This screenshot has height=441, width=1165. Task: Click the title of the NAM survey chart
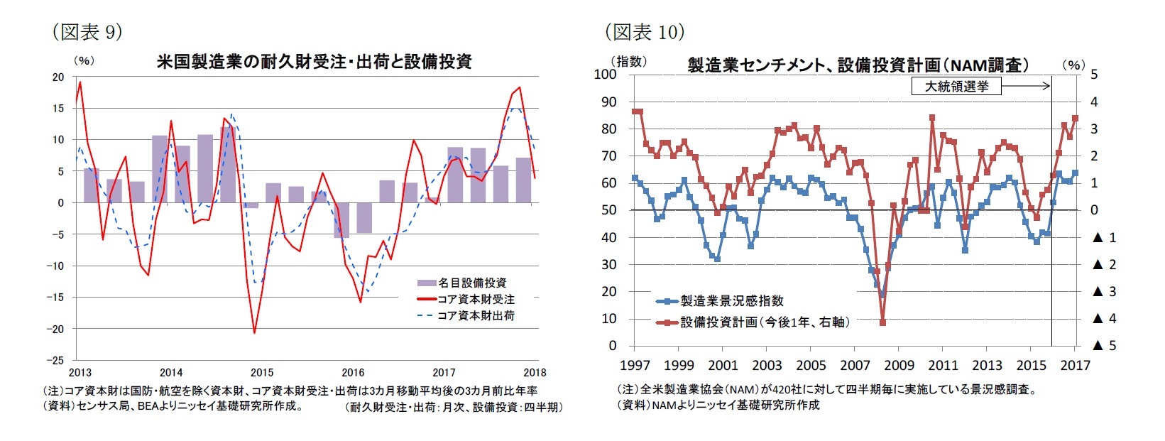coord(858,65)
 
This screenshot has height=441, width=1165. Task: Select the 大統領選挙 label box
coord(956,87)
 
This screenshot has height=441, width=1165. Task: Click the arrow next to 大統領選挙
coord(1025,86)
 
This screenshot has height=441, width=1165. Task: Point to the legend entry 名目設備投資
coord(462,283)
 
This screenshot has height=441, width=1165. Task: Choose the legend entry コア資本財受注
coord(466,300)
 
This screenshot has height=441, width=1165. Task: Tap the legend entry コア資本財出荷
coord(466,315)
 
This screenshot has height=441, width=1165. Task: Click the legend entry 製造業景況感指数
coord(721,301)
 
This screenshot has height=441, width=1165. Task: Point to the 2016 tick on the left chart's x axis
coord(353,372)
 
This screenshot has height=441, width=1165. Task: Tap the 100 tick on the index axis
coord(606,74)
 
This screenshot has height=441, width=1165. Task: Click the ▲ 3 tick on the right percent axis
coord(1104,292)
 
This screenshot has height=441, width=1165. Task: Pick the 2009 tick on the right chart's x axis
coord(899,365)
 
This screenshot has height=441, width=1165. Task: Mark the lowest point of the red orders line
coord(254,332)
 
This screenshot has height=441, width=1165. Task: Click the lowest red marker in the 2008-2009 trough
coord(882,322)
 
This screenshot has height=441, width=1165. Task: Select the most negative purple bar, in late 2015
coord(341,219)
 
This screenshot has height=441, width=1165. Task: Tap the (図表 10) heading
coord(644,32)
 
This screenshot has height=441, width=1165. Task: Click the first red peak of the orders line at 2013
coord(80,82)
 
